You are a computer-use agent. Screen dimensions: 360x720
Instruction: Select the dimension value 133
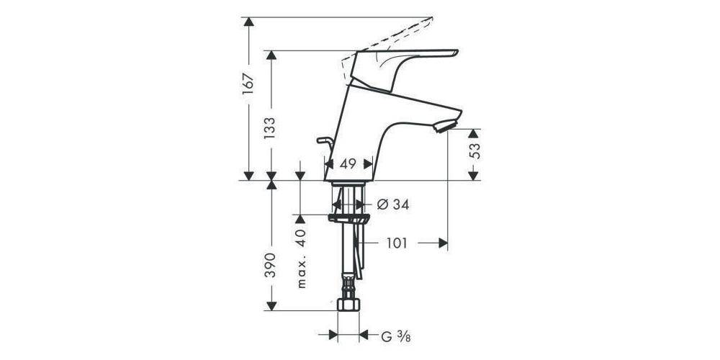(x=271, y=128)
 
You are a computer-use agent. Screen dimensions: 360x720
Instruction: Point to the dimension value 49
(x=348, y=164)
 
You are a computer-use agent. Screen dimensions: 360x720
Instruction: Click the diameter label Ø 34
(x=393, y=205)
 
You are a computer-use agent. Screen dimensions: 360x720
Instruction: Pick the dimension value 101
(x=395, y=243)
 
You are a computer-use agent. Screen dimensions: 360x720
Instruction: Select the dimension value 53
(x=474, y=151)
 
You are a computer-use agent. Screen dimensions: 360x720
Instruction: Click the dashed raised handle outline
(x=396, y=32)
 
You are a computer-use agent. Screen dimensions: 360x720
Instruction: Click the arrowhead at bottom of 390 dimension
(x=271, y=305)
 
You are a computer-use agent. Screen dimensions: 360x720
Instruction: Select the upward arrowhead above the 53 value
(x=474, y=135)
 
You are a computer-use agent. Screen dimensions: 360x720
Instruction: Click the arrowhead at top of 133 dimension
(x=271, y=56)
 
